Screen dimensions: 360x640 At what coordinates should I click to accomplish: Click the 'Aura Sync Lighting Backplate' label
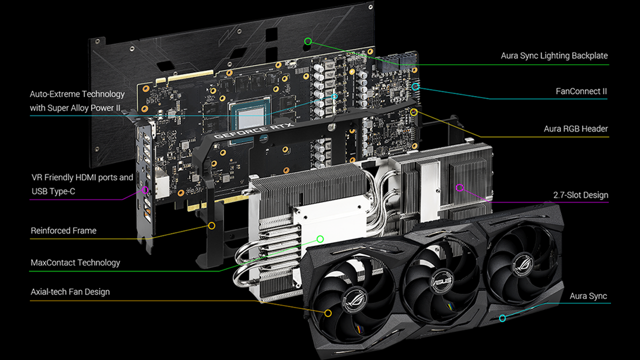point(554,55)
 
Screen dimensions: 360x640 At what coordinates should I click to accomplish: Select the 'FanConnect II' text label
point(581,91)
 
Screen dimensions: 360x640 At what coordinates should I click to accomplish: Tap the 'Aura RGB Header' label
point(575,129)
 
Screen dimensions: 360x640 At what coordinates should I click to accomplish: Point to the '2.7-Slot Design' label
point(580,195)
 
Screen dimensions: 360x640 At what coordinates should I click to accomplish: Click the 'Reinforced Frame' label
point(63,230)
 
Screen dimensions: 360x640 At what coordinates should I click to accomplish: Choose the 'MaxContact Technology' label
point(75,262)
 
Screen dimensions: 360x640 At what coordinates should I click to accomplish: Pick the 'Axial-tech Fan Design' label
point(70,291)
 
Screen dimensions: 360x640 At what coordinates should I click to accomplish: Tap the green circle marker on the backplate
point(308,41)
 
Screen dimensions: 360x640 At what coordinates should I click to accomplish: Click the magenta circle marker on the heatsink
point(460,188)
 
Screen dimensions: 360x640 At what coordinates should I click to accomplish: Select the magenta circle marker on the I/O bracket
point(145,190)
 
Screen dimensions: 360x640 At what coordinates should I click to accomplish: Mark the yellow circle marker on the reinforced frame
point(211,226)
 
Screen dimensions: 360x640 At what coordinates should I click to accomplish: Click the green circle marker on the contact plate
point(320,239)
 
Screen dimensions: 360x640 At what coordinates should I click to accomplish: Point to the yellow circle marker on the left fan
point(328,313)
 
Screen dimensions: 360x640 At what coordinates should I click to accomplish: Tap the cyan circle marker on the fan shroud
point(502,318)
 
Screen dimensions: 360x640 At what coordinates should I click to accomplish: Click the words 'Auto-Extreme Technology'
point(77,93)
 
